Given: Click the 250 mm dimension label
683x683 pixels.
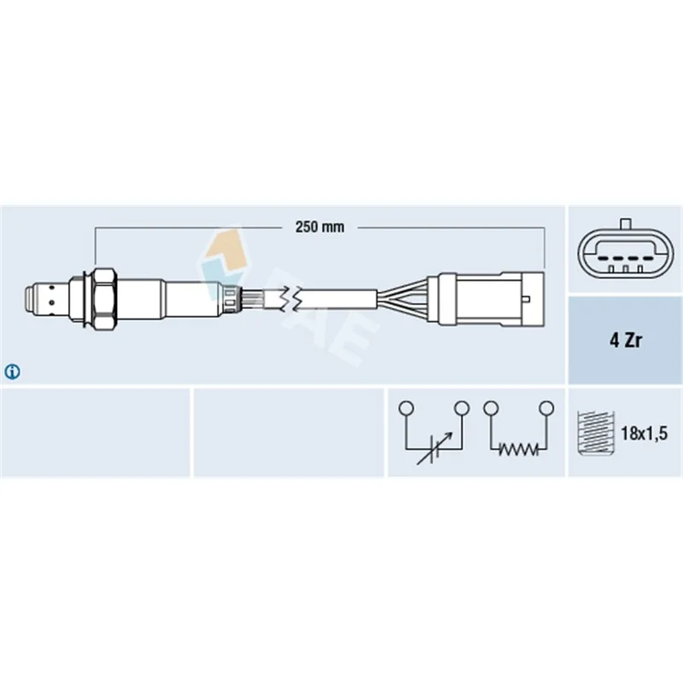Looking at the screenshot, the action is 319,227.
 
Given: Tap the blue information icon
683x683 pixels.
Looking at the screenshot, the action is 12,371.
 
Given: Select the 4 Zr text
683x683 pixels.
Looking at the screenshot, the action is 625,340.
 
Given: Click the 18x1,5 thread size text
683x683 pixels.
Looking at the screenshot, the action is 644,434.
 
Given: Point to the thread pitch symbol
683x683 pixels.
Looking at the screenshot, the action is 595,433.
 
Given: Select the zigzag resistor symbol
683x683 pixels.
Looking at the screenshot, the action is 518,449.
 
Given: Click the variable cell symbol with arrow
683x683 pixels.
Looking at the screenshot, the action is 435,449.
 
